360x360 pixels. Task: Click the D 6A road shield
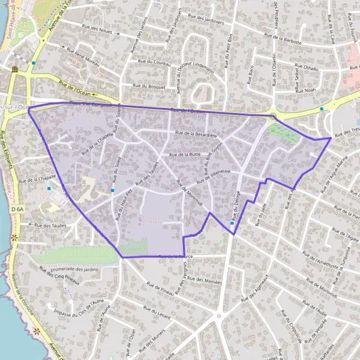coord(17,208)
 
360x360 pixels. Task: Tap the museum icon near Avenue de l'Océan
coord(14,70)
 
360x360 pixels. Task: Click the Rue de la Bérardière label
coord(196,134)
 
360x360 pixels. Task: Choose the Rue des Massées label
coord(204,280)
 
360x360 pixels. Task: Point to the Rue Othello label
coord(307,69)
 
